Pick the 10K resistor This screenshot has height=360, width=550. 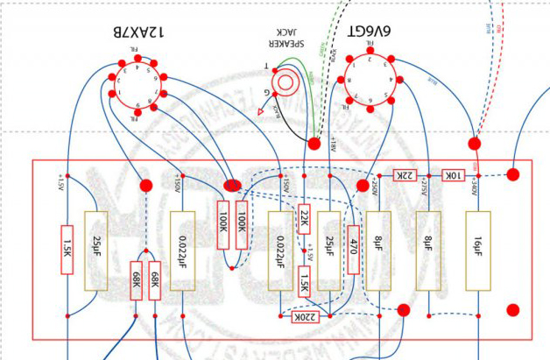point(453,175)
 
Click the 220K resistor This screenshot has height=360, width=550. point(303,315)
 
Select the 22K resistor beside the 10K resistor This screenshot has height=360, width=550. point(405,175)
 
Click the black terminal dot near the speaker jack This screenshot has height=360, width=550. point(314,141)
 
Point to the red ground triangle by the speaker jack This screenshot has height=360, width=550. point(261,111)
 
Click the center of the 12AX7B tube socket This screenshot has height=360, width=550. point(132,88)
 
